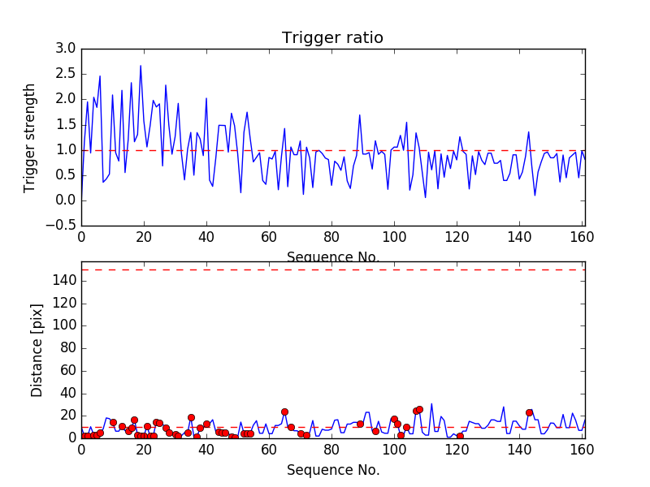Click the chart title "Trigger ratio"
(332, 38)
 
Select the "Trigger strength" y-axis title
(30, 137)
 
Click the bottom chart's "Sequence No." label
(333, 470)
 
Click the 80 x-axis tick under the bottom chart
(331, 450)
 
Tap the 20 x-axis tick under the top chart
(144, 239)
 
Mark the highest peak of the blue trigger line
(141, 66)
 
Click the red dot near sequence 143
(529, 412)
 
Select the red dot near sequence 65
(284, 412)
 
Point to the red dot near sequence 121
(460, 436)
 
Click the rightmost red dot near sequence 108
(419, 409)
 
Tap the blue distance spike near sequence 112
(431, 403)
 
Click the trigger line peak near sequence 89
(360, 115)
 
